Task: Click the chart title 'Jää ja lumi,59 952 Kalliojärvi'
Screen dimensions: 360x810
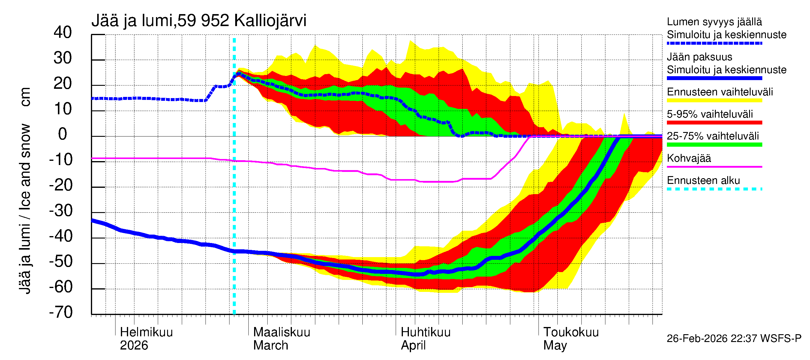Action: pyautogui.click(x=199, y=21)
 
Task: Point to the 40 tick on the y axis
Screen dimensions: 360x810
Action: pyautogui.click(x=63, y=32)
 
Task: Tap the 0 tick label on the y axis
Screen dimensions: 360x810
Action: pyautogui.click(x=63, y=134)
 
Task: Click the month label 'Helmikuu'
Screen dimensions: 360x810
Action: pyautogui.click(x=146, y=332)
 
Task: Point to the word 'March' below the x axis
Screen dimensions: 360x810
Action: pyautogui.click(x=270, y=346)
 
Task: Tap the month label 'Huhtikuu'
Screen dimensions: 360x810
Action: pyautogui.click(x=425, y=332)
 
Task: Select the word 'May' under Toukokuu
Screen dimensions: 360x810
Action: pyautogui.click(x=555, y=346)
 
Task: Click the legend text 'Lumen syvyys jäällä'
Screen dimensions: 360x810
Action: pyautogui.click(x=714, y=22)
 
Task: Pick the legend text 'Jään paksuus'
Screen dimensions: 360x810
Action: pyautogui.click(x=699, y=57)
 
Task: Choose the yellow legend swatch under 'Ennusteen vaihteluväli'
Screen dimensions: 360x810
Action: pyautogui.click(x=714, y=100)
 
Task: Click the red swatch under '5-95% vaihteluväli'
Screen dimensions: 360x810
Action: pyautogui.click(x=714, y=123)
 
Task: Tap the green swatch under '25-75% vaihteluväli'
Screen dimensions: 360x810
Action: pyautogui.click(x=714, y=145)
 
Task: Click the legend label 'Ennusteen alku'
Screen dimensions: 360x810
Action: pyautogui.click(x=703, y=181)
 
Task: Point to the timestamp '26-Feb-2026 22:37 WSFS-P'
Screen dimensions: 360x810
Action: pyautogui.click(x=734, y=339)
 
